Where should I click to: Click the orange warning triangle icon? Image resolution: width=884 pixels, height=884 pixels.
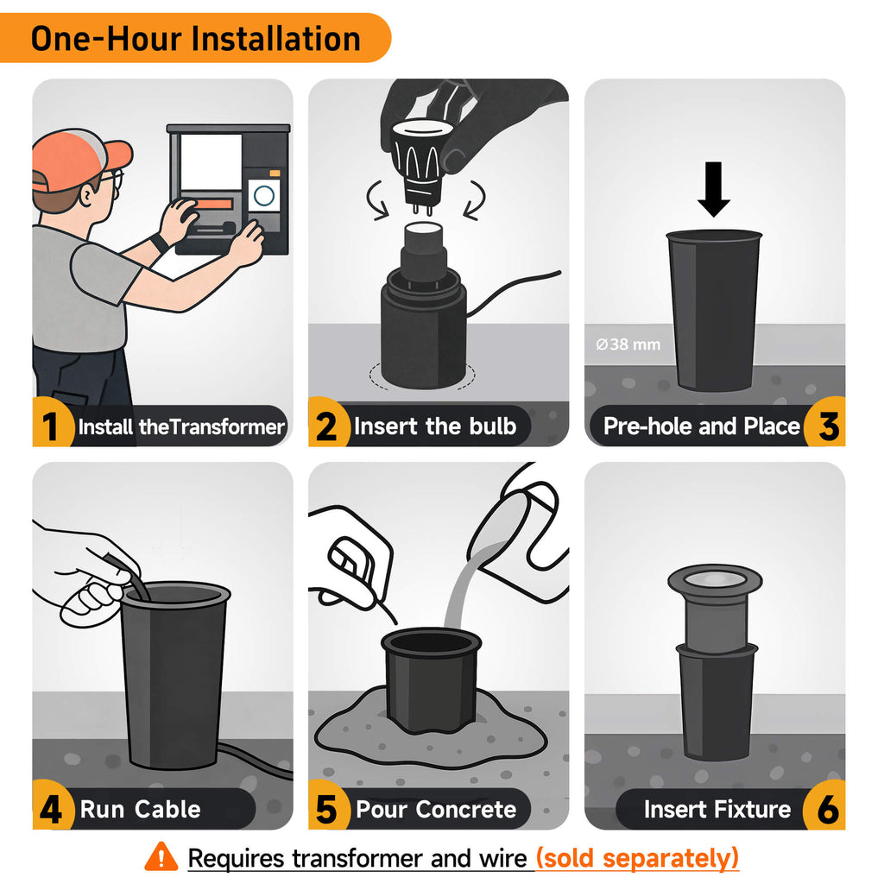click(161, 856)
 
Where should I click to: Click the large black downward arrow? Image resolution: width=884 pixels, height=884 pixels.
click(714, 189)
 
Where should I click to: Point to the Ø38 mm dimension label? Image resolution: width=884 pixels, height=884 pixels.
click(628, 344)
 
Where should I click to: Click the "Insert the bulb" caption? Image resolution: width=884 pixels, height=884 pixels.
click(435, 426)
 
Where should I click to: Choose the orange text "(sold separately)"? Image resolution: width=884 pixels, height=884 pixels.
click(637, 858)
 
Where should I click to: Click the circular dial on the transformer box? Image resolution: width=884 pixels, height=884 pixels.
click(264, 196)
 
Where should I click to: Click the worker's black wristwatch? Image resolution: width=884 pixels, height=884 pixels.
click(160, 243)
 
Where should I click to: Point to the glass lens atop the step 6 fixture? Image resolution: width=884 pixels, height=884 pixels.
click(715, 579)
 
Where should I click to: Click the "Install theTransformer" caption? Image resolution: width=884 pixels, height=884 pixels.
click(181, 426)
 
